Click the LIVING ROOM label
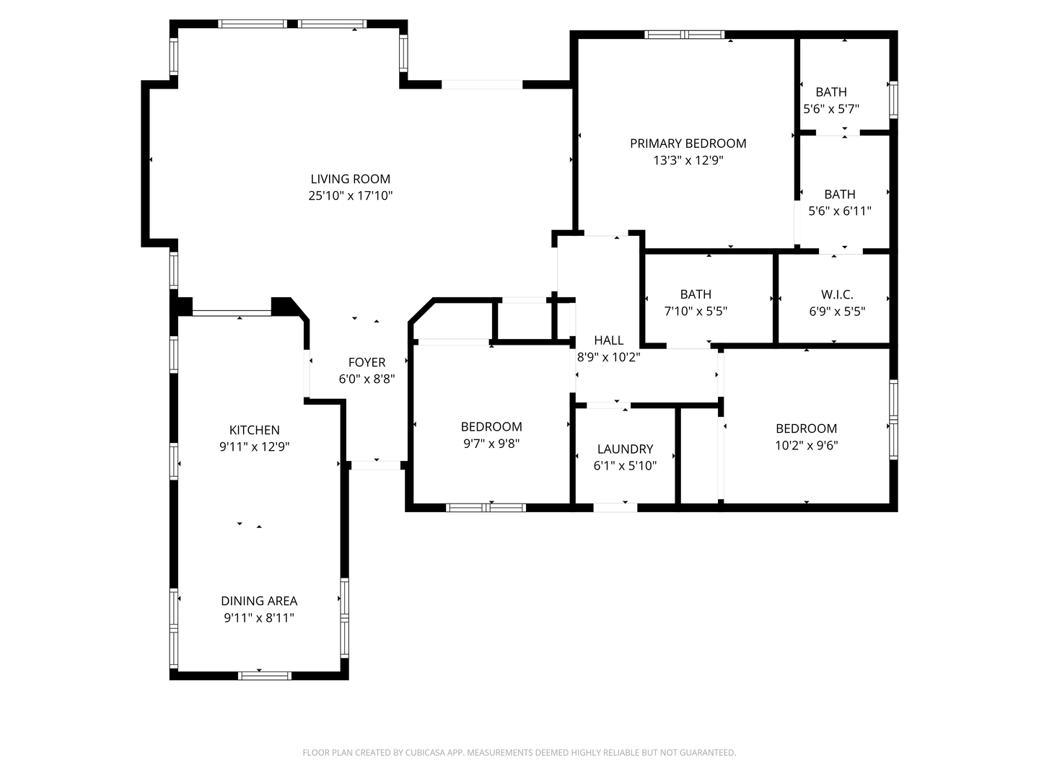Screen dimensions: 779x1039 pos(350,179)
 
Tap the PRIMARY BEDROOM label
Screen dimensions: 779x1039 pos(688,144)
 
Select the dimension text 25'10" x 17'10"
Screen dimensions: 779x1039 pos(350,195)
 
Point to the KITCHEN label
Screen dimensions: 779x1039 pos(254,430)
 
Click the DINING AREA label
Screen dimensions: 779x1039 pos(258,601)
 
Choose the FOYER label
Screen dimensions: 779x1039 pos(367,362)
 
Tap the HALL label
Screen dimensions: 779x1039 pos(608,340)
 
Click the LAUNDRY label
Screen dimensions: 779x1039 pos(625,449)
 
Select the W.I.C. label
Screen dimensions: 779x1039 pos(836,294)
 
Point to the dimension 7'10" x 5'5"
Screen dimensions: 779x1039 pos(696,312)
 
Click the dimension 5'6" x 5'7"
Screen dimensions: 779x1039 pos(830,109)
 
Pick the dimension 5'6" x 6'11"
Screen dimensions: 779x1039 pos(839,211)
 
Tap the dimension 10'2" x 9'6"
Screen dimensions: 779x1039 pos(806,446)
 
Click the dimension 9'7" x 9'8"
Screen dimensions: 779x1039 pos(491,444)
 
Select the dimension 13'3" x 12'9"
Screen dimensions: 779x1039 pos(688,160)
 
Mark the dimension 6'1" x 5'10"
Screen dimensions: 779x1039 pos(625,466)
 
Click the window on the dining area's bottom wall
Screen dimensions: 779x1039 pos(264,676)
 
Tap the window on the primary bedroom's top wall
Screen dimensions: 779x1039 pos(684,34)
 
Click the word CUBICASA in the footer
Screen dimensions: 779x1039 pos(420,753)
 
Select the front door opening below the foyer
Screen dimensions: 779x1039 pos(375,465)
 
